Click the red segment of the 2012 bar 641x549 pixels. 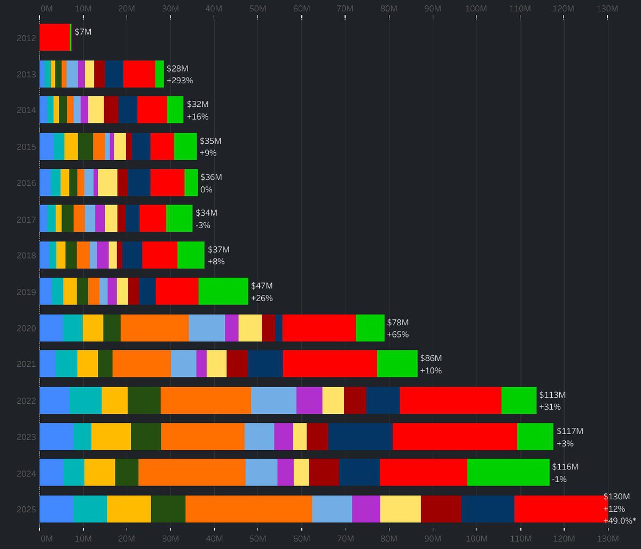pyautogui.click(x=54, y=37)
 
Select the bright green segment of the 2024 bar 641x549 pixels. pyautogui.click(x=508, y=472)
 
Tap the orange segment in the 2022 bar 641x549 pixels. pyautogui.click(x=206, y=400)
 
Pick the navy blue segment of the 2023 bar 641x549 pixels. pyautogui.click(x=361, y=436)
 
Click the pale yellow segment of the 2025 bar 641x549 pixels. pyautogui.click(x=401, y=508)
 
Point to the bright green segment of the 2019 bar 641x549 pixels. pyautogui.click(x=223, y=291)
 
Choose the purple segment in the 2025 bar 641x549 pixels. pyautogui.click(x=366, y=508)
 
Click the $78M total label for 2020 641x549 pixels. pyautogui.click(x=397, y=323)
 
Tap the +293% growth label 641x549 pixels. pyautogui.click(x=180, y=80)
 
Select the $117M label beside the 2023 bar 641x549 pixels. pyautogui.click(x=570, y=430)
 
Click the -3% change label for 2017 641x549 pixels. pyautogui.click(x=203, y=225)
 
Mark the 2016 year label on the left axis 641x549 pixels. pyautogui.click(x=26, y=183)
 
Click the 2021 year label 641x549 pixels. pyautogui.click(x=26, y=364)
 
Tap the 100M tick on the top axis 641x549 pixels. pyautogui.click(x=476, y=9)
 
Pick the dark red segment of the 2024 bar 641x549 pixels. pyautogui.click(x=324, y=472)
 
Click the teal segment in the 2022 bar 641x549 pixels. pyautogui.click(x=85, y=400)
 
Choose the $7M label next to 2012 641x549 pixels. pyautogui.click(x=83, y=32)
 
